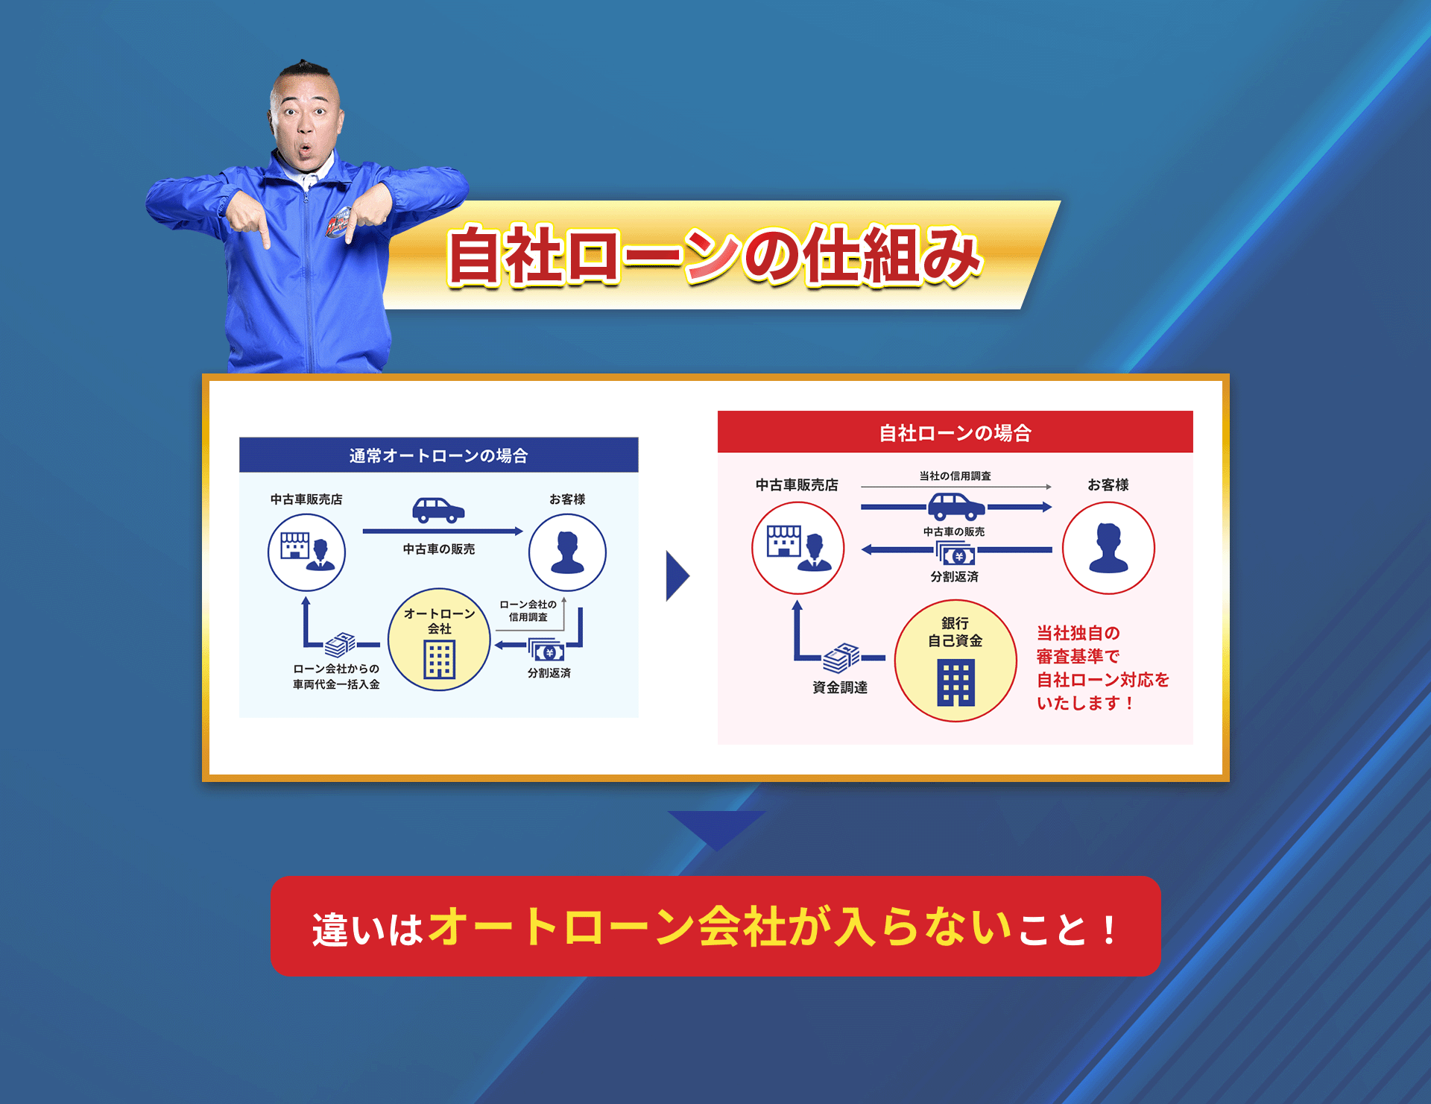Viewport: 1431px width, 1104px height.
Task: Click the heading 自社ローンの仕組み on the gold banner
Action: pos(714,256)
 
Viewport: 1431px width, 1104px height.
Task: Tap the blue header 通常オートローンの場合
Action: pos(438,455)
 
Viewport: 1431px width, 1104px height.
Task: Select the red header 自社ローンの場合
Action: pos(955,432)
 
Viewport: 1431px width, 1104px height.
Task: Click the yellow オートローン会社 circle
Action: pos(439,640)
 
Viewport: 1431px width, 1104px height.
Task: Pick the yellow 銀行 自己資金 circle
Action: pos(955,660)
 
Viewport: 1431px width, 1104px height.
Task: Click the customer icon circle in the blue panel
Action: pos(567,552)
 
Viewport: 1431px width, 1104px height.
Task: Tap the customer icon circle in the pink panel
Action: pos(1108,548)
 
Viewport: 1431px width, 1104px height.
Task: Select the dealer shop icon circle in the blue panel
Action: pos(306,552)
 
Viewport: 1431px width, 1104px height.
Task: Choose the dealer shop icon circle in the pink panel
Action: pos(797,548)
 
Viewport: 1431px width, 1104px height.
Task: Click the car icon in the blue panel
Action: pos(438,511)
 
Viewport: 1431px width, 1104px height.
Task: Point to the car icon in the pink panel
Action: pos(955,507)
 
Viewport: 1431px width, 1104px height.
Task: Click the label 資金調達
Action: pos(839,687)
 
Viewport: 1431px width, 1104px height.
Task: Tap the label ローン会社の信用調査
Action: pos(528,611)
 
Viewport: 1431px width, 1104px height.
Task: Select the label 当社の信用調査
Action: pos(955,476)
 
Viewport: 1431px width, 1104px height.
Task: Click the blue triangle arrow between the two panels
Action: pos(677,575)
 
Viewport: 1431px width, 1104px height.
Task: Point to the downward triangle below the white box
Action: pos(716,827)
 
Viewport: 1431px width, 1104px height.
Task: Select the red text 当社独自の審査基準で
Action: pos(1078,645)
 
